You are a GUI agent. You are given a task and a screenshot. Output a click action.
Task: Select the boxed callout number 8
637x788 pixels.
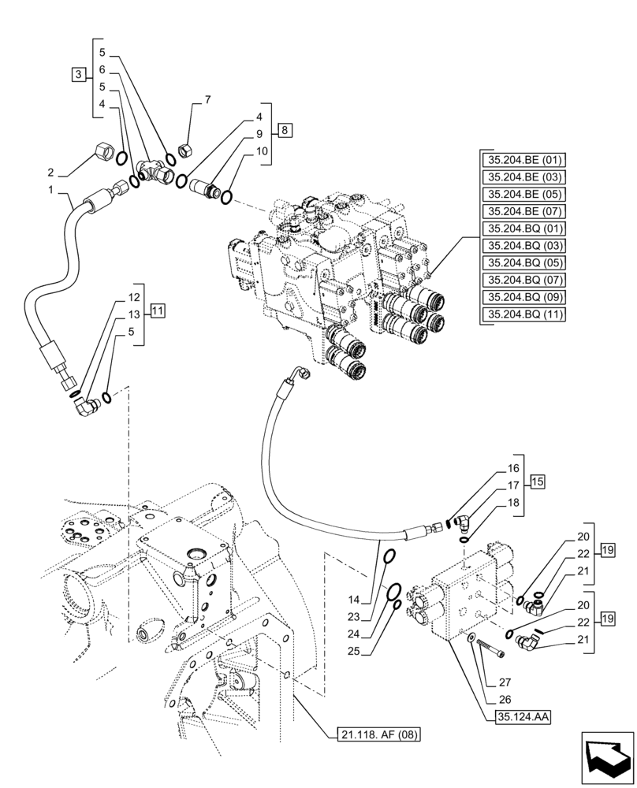285,128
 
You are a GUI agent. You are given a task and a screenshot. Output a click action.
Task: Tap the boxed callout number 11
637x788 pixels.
158,310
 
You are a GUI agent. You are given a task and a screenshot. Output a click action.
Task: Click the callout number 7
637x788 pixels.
207,100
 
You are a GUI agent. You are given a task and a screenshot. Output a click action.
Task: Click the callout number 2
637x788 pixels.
50,173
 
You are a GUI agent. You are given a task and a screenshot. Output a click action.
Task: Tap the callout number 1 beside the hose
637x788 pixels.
51,190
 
